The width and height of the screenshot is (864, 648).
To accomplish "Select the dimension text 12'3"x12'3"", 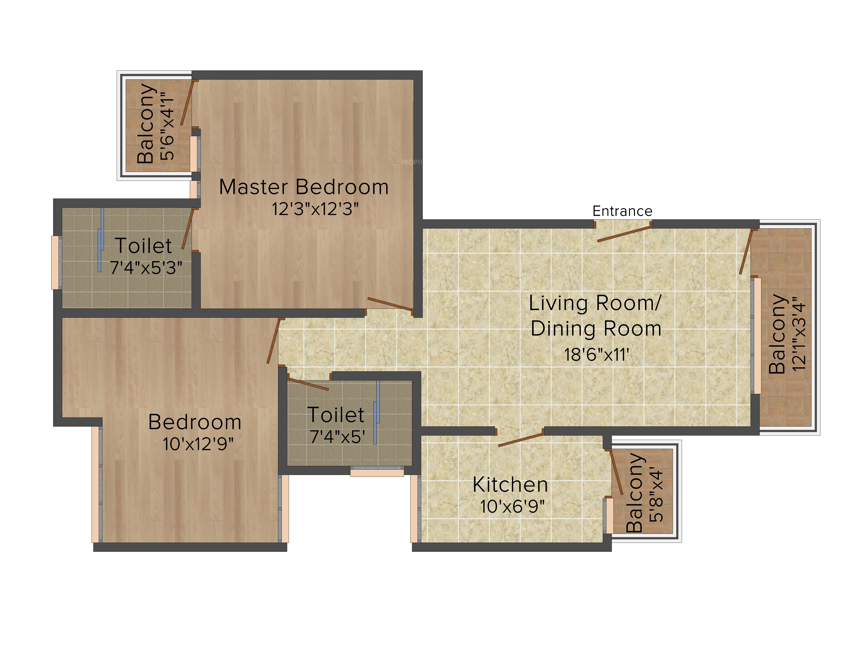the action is coord(315,209).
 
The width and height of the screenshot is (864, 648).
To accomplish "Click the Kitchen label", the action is coord(510,485).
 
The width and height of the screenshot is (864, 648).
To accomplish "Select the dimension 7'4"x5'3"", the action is coord(146,268).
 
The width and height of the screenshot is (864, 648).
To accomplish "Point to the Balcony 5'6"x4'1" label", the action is coord(156,123).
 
